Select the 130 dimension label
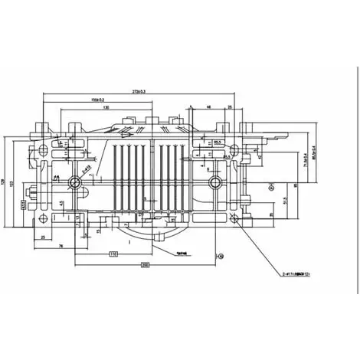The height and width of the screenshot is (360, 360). [116, 108]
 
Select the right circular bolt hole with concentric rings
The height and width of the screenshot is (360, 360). [215, 182]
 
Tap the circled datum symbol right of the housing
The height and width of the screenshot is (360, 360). [272, 185]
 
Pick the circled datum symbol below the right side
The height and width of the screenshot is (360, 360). [221, 255]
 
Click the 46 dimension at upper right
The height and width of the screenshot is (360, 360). [211, 108]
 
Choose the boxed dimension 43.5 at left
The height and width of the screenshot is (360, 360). [23, 205]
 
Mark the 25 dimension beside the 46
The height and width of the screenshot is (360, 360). [230, 108]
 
